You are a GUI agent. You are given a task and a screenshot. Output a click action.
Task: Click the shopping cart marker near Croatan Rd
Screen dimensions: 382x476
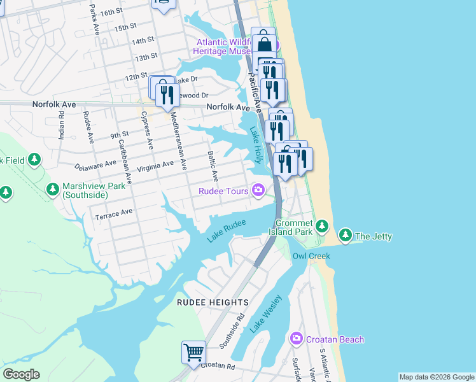[193, 351]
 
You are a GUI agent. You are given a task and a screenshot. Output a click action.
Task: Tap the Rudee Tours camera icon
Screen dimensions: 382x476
[258, 190]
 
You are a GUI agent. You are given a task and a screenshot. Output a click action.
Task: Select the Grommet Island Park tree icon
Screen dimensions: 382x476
[322, 225]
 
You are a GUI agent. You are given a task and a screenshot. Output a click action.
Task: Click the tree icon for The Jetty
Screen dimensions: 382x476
[346, 236]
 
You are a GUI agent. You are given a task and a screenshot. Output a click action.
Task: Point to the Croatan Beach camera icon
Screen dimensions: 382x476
[296, 339]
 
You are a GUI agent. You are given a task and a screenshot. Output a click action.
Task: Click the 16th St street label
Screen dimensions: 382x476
[111, 12]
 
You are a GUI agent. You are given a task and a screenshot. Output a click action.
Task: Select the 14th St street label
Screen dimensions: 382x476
[143, 41]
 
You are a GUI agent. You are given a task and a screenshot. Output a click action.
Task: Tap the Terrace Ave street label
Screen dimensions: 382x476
[114, 214]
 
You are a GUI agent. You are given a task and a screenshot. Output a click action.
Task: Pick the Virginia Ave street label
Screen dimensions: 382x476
[155, 165]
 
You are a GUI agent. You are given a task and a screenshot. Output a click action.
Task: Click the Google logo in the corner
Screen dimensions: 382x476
[21, 374]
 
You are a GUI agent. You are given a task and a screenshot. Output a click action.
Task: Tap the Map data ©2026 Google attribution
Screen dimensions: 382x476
[436, 377]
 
